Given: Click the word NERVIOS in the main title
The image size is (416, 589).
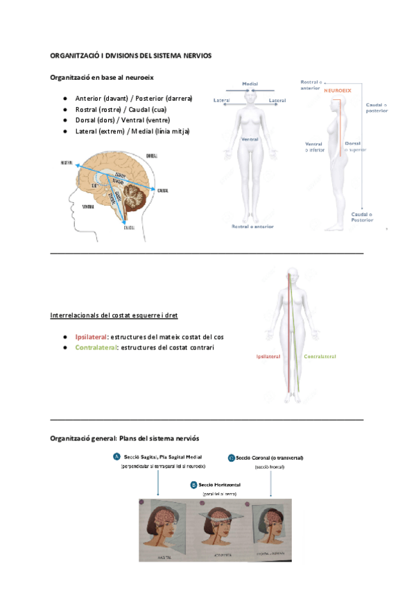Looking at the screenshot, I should [x=196, y=55].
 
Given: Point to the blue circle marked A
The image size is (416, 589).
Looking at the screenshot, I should [x=116, y=456].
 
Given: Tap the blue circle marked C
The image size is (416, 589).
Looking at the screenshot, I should [x=231, y=458].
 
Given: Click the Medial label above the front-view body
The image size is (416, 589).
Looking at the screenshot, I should [x=250, y=84].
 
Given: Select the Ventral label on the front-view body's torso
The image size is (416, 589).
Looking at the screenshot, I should [x=250, y=140].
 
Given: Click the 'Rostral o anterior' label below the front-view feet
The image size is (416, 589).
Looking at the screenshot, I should [x=252, y=226].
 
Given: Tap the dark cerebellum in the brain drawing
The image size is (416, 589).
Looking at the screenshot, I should [x=130, y=199].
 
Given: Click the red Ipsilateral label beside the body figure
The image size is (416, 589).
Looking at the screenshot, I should [x=268, y=356].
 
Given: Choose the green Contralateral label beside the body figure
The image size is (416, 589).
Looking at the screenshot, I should [x=320, y=356].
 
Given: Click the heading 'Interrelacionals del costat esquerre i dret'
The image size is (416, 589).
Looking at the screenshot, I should [x=114, y=315].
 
